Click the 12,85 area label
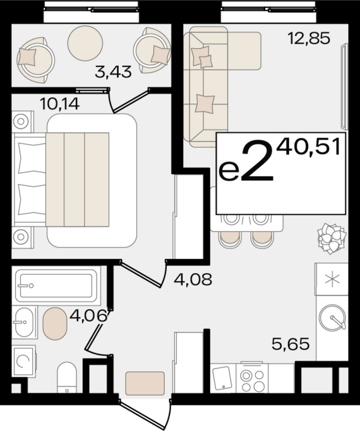pyautogui.click(x=309, y=38)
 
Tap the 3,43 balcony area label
pyautogui.click(x=113, y=72)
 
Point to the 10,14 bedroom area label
pyautogui.click(x=59, y=104)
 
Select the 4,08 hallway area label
pyautogui.click(x=193, y=279)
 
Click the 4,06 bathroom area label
pyautogui.click(x=88, y=315)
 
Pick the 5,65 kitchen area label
pyautogui.click(x=291, y=344)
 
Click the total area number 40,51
pyautogui.click(x=308, y=146)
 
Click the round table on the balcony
pyautogui.click(x=85, y=43)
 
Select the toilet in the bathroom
pyautogui.click(x=67, y=377)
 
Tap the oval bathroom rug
pyautogui.click(x=55, y=324)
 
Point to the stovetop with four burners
pyautogui.click(x=252, y=378)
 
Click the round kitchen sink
pyautogui.click(x=332, y=317)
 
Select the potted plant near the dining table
pyautogui.click(x=332, y=238)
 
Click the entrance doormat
pyautogui.click(x=145, y=383)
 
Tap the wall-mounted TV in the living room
pyautogui.click(x=344, y=87)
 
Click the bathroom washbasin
pyautogui.click(x=24, y=322)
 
